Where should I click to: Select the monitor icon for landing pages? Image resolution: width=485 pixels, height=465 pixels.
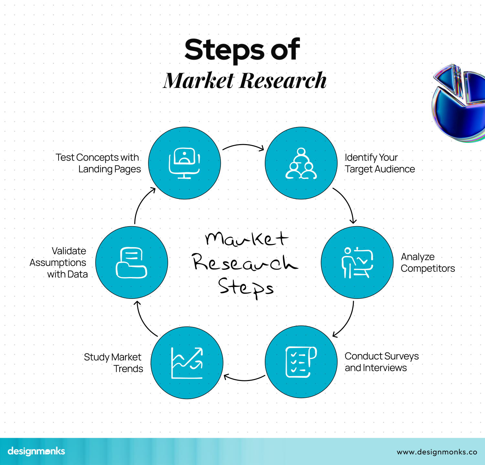pyautogui.click(x=184, y=163)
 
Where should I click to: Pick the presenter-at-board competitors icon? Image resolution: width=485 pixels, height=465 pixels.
pyautogui.click(x=357, y=262)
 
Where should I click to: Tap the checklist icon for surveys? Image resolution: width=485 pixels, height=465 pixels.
pyautogui.click(x=301, y=362)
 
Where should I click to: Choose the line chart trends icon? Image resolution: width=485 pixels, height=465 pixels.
pyautogui.click(x=187, y=363)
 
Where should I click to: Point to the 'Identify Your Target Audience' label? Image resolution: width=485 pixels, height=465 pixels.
pyautogui.click(x=380, y=163)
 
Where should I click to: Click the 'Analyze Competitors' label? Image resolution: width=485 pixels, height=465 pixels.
pyautogui.click(x=427, y=262)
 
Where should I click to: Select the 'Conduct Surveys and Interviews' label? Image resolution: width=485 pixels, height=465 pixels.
pyautogui.click(x=382, y=362)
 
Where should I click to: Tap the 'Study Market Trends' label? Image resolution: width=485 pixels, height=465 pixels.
pyautogui.click(x=113, y=363)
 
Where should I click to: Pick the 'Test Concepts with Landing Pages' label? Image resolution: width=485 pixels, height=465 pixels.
pyautogui.click(x=98, y=163)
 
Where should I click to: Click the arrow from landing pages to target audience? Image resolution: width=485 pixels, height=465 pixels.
pyautogui.click(x=243, y=146)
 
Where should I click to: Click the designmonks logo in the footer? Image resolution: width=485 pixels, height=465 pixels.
pyautogui.click(x=36, y=451)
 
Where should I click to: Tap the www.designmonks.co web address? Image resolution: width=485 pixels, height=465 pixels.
pyautogui.click(x=437, y=452)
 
